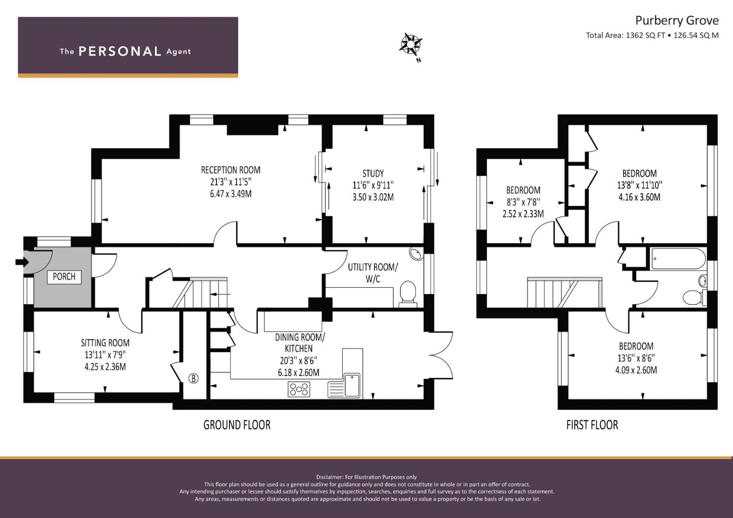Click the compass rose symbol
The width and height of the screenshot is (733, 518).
[x=410, y=45]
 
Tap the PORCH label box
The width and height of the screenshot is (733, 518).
[x=64, y=277]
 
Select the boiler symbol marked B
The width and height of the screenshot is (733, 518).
[x=193, y=378]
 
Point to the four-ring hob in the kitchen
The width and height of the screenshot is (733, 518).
[x=299, y=389]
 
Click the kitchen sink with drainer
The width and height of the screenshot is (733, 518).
[x=345, y=385]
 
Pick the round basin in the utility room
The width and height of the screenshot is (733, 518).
[x=416, y=253]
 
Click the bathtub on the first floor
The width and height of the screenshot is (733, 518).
[x=677, y=259]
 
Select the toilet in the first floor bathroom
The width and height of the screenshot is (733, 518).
[x=693, y=297]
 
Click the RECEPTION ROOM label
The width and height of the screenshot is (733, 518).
[x=230, y=170]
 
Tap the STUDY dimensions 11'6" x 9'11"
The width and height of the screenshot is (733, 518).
[x=373, y=185]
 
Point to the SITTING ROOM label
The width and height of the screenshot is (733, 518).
[x=105, y=343]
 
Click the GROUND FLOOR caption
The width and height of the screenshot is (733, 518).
[x=237, y=425]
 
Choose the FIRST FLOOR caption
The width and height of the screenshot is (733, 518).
[x=592, y=425]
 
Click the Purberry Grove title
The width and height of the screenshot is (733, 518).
[x=677, y=20]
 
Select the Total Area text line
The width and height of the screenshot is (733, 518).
[x=652, y=35]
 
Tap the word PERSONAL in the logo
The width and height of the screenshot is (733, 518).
[x=120, y=51]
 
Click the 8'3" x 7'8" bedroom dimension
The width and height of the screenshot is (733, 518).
[x=523, y=202]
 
